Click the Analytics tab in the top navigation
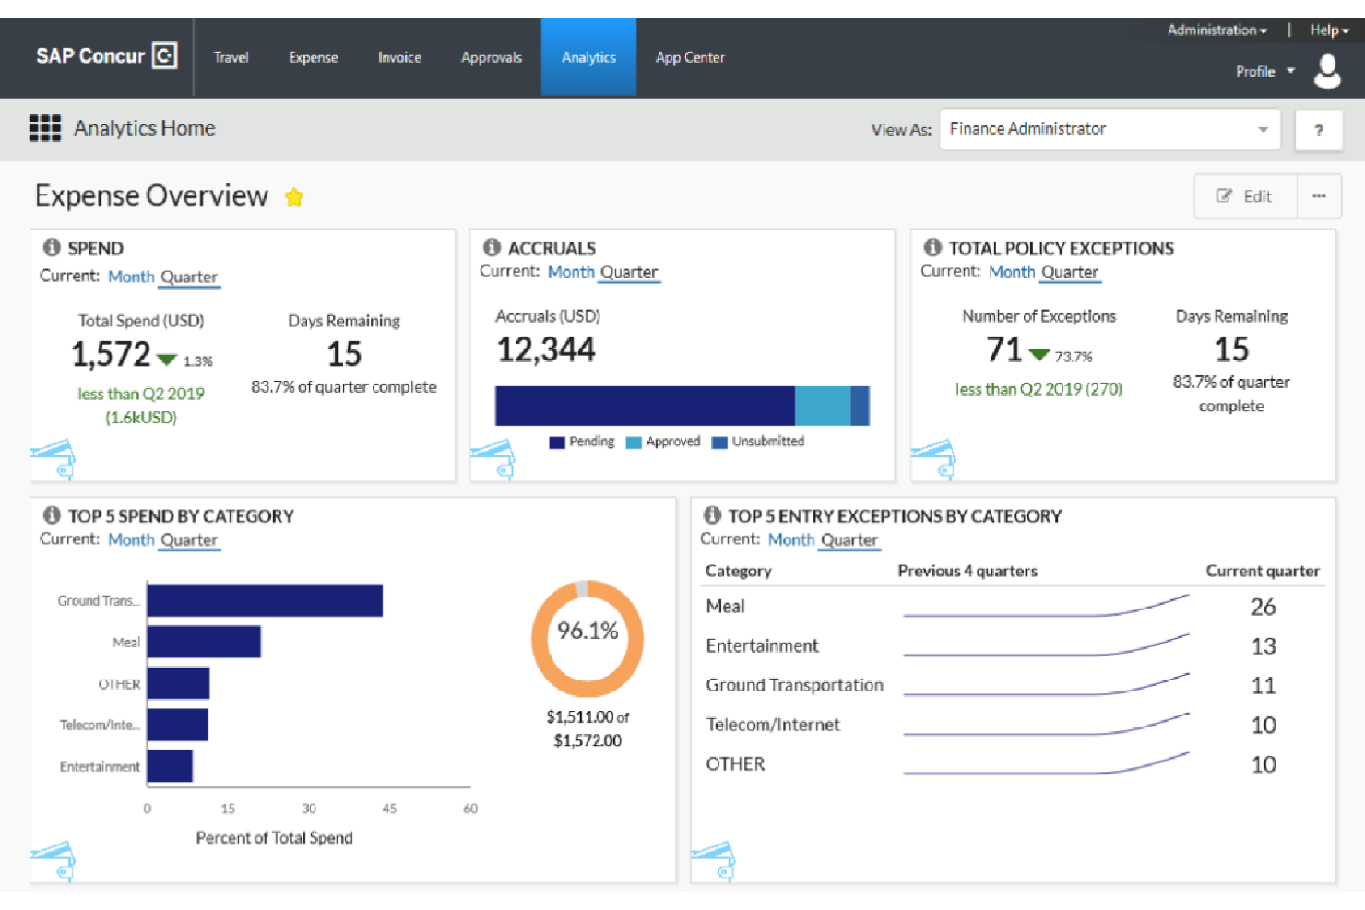pos(588,57)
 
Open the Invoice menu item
pos(399,57)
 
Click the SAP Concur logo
pos(106,56)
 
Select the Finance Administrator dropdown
pos(1110,129)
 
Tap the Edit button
pos(1245,196)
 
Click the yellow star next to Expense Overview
pos(294,197)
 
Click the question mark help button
pos(1318,130)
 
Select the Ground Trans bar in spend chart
pos(265,600)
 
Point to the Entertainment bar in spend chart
pos(170,766)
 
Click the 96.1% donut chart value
pos(588,631)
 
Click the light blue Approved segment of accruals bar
pos(822,406)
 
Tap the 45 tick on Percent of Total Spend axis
pos(389,809)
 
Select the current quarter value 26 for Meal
pos(1263,607)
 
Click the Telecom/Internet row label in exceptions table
pos(773,725)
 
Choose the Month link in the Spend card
pos(131,277)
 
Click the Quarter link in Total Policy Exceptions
pos(1070,272)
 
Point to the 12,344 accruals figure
pos(546,350)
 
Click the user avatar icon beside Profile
pos(1327,71)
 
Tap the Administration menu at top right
pos(1217,30)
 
